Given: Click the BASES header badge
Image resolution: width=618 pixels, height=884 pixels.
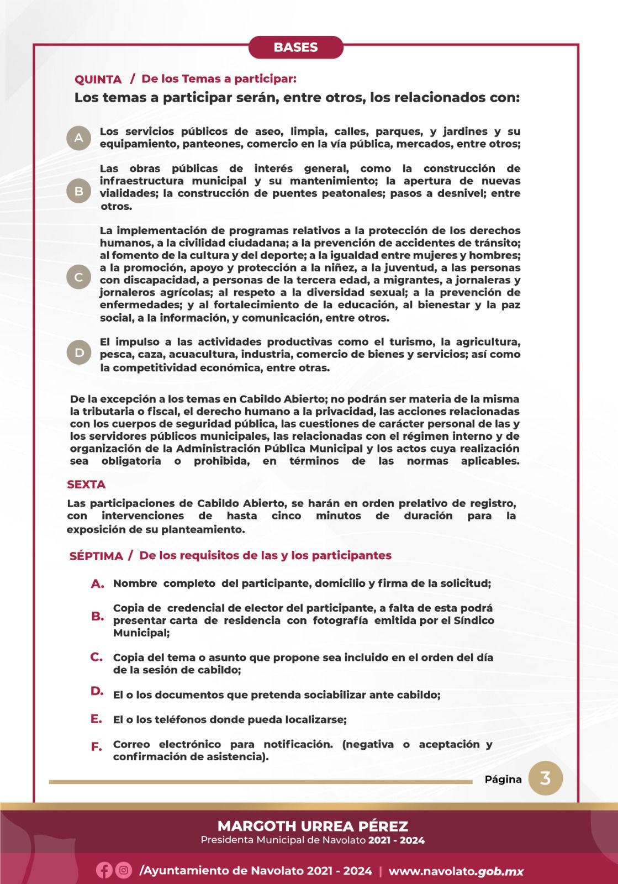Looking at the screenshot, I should pos(295,48).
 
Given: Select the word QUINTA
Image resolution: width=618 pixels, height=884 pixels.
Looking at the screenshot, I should pos(98,80).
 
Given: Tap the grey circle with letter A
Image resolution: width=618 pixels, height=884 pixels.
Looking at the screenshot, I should pos(79,138).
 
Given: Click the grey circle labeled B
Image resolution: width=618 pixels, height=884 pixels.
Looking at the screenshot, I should pos(79,191).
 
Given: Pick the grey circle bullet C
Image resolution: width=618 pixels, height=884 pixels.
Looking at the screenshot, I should pos(79,277).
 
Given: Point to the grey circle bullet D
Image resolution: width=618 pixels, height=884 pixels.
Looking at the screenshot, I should pos(79,352).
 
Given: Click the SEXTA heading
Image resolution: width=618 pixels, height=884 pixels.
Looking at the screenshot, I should pos(86,485).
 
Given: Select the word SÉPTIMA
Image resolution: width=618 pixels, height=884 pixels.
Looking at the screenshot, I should pos(96,556).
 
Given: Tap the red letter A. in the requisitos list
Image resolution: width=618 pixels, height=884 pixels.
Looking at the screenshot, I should pos(98,583).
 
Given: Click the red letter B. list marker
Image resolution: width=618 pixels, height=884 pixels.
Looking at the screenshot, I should pos(98,616).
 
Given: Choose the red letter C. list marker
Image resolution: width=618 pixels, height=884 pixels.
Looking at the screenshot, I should pos(97,657).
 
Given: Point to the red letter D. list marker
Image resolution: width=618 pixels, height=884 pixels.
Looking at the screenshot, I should pos(97,691).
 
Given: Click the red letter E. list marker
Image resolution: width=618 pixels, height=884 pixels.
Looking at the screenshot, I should pos(97,719).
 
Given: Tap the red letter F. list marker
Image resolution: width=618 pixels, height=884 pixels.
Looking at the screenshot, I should pos(97,746).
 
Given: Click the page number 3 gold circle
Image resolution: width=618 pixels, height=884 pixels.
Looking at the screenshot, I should pos(545,778).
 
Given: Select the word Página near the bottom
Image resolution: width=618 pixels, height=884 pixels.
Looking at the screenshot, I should pos(503,780).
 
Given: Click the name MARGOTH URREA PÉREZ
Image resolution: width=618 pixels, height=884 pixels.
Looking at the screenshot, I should pos(313,826).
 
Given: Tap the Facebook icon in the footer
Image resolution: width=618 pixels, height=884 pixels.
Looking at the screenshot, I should pos(104,870).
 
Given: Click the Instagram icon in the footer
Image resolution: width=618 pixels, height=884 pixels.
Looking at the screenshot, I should pos(124,870).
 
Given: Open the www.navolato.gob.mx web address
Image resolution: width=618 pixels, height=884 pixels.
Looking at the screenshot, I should pos(456,871).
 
